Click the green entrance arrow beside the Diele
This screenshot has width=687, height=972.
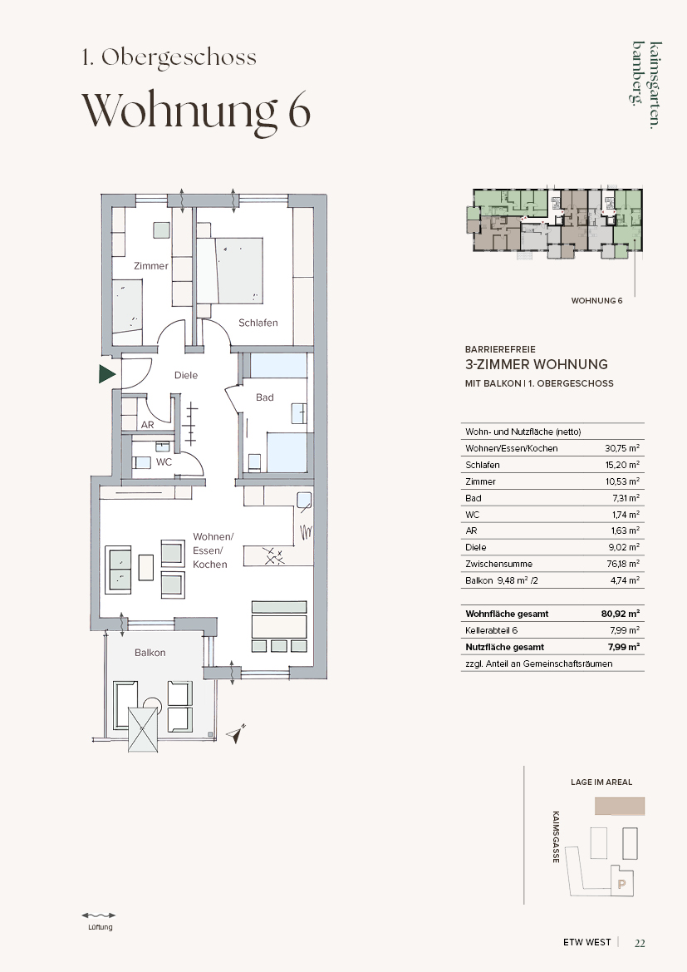click(106, 374)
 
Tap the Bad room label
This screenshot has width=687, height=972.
click(264, 397)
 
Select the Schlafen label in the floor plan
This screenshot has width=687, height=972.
click(258, 323)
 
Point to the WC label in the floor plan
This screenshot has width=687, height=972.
click(164, 461)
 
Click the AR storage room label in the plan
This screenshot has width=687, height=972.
click(147, 425)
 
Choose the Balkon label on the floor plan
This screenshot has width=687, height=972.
click(150, 652)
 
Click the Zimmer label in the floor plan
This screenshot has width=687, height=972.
click(151, 266)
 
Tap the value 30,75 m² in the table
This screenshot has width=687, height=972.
click(622, 448)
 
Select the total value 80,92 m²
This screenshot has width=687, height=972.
click(620, 614)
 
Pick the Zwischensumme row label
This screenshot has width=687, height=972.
click(498, 564)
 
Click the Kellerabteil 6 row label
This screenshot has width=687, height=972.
click(491, 630)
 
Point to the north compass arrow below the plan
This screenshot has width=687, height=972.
click(236, 733)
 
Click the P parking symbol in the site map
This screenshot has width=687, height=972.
click(622, 885)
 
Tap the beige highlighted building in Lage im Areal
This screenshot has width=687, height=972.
click(620, 806)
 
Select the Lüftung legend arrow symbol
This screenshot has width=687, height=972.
click(99, 915)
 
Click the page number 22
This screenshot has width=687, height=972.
click(640, 943)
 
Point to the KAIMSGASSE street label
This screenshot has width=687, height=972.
click(556, 836)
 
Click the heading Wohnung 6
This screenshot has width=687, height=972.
click(196, 111)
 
